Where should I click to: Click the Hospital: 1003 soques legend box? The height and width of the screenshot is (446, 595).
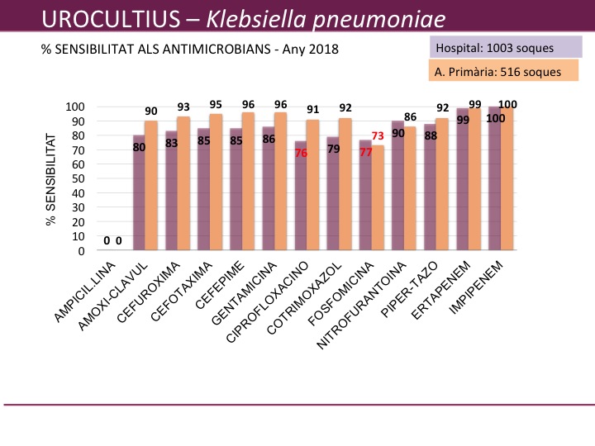(x=495, y=48)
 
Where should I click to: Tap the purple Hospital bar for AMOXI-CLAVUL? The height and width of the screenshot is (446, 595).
(x=139, y=193)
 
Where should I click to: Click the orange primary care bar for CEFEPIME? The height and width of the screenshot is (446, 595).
(x=248, y=182)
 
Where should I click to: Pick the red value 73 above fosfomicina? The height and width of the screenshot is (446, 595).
(x=378, y=136)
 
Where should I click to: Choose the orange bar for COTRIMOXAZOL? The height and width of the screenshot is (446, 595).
(x=345, y=185)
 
